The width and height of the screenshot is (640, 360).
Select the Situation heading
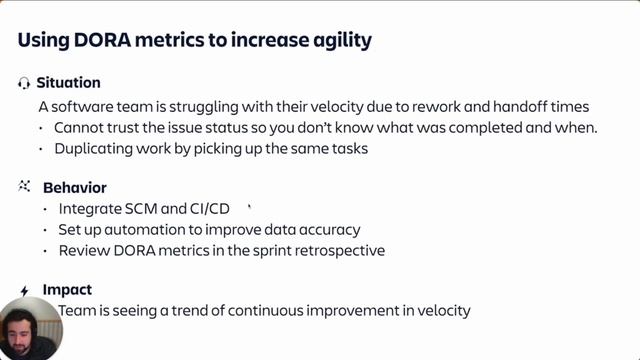[x=68, y=83]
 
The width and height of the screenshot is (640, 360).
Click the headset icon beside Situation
[x=24, y=83]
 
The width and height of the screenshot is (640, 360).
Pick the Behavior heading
[x=74, y=187]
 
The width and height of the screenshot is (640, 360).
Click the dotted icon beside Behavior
[x=24, y=187]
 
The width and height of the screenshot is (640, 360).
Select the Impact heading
[x=67, y=290]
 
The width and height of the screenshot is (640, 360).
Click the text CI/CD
[x=209, y=209]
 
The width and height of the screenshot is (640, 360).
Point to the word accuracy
[x=327, y=230]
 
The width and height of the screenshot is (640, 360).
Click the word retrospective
[x=338, y=250]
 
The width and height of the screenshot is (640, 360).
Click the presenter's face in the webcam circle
[x=30, y=325]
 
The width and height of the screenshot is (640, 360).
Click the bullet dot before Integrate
[x=45, y=209]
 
